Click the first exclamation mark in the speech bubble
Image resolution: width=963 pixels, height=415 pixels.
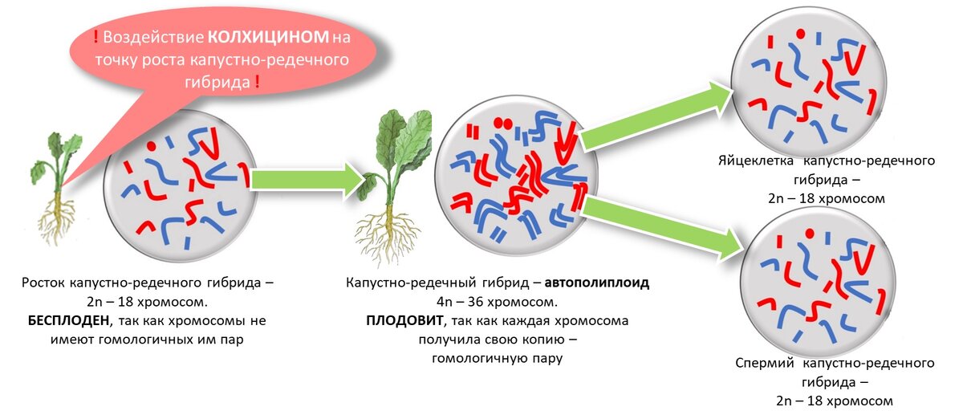click(96, 37)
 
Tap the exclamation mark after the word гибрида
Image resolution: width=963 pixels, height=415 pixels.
click(257, 82)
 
